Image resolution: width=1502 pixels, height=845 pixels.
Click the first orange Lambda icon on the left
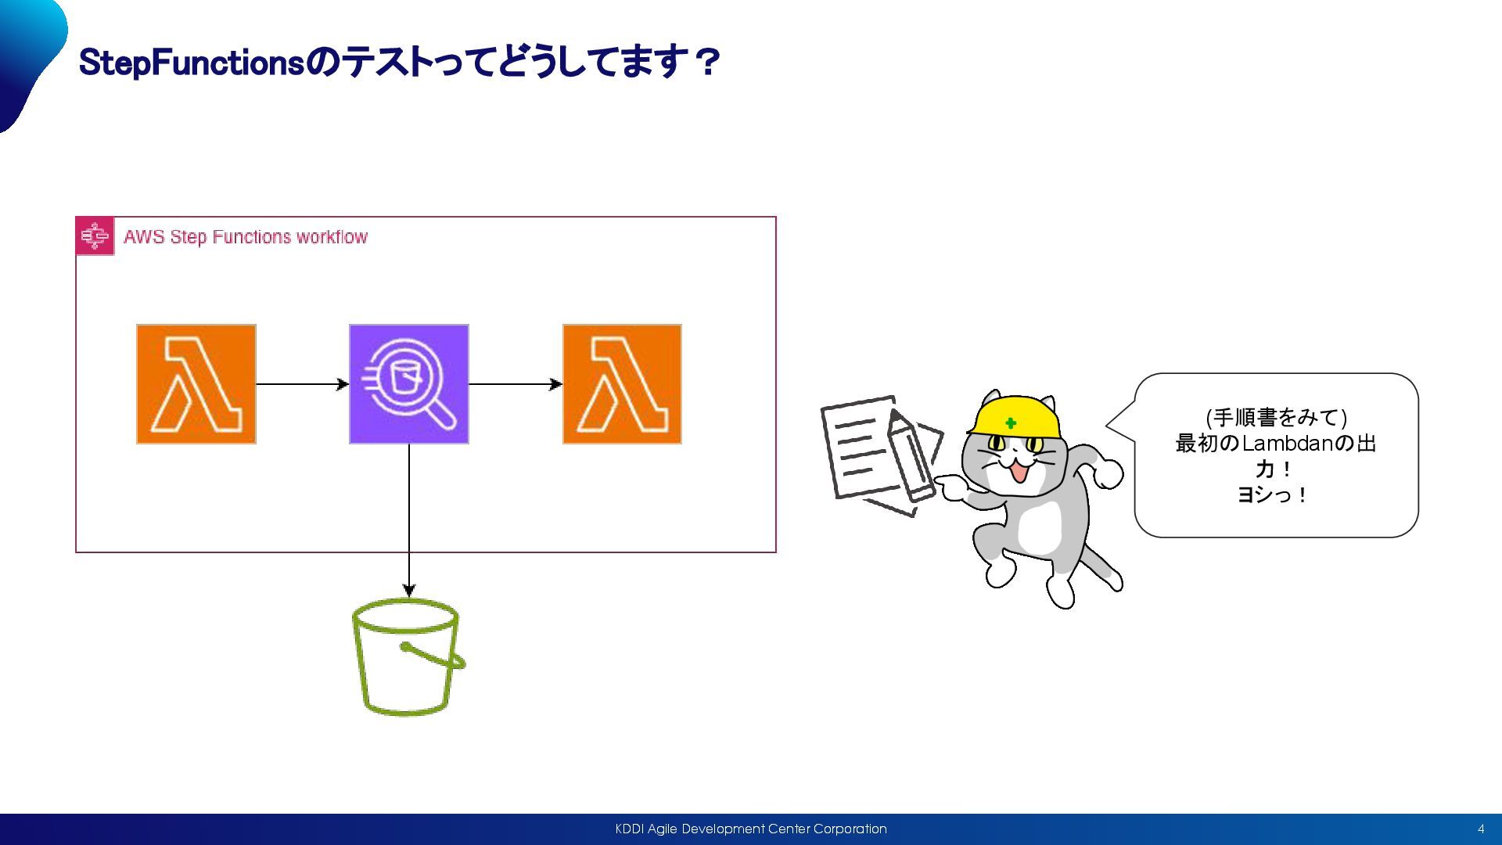(x=196, y=384)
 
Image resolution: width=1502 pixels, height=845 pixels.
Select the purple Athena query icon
(x=408, y=384)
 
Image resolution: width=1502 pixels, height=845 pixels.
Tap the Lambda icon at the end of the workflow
(x=622, y=384)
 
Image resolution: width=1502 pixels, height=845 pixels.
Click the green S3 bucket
(x=407, y=657)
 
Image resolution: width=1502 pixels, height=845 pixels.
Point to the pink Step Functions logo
(x=95, y=236)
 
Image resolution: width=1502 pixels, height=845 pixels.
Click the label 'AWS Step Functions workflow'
(x=246, y=237)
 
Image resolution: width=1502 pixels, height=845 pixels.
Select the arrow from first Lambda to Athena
(x=302, y=384)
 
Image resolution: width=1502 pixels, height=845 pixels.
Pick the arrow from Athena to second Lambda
(x=515, y=384)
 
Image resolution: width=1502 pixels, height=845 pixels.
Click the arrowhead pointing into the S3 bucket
(x=408, y=591)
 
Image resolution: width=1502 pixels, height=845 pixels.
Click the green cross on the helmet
(x=1011, y=423)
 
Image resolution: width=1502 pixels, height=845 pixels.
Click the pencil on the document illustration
(x=909, y=454)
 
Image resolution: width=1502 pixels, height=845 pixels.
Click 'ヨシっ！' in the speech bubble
(x=1272, y=495)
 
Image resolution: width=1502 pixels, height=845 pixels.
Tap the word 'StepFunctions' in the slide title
(x=192, y=63)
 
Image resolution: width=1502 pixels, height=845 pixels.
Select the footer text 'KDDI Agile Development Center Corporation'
(x=751, y=829)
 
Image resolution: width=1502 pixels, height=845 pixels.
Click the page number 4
(x=1481, y=829)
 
